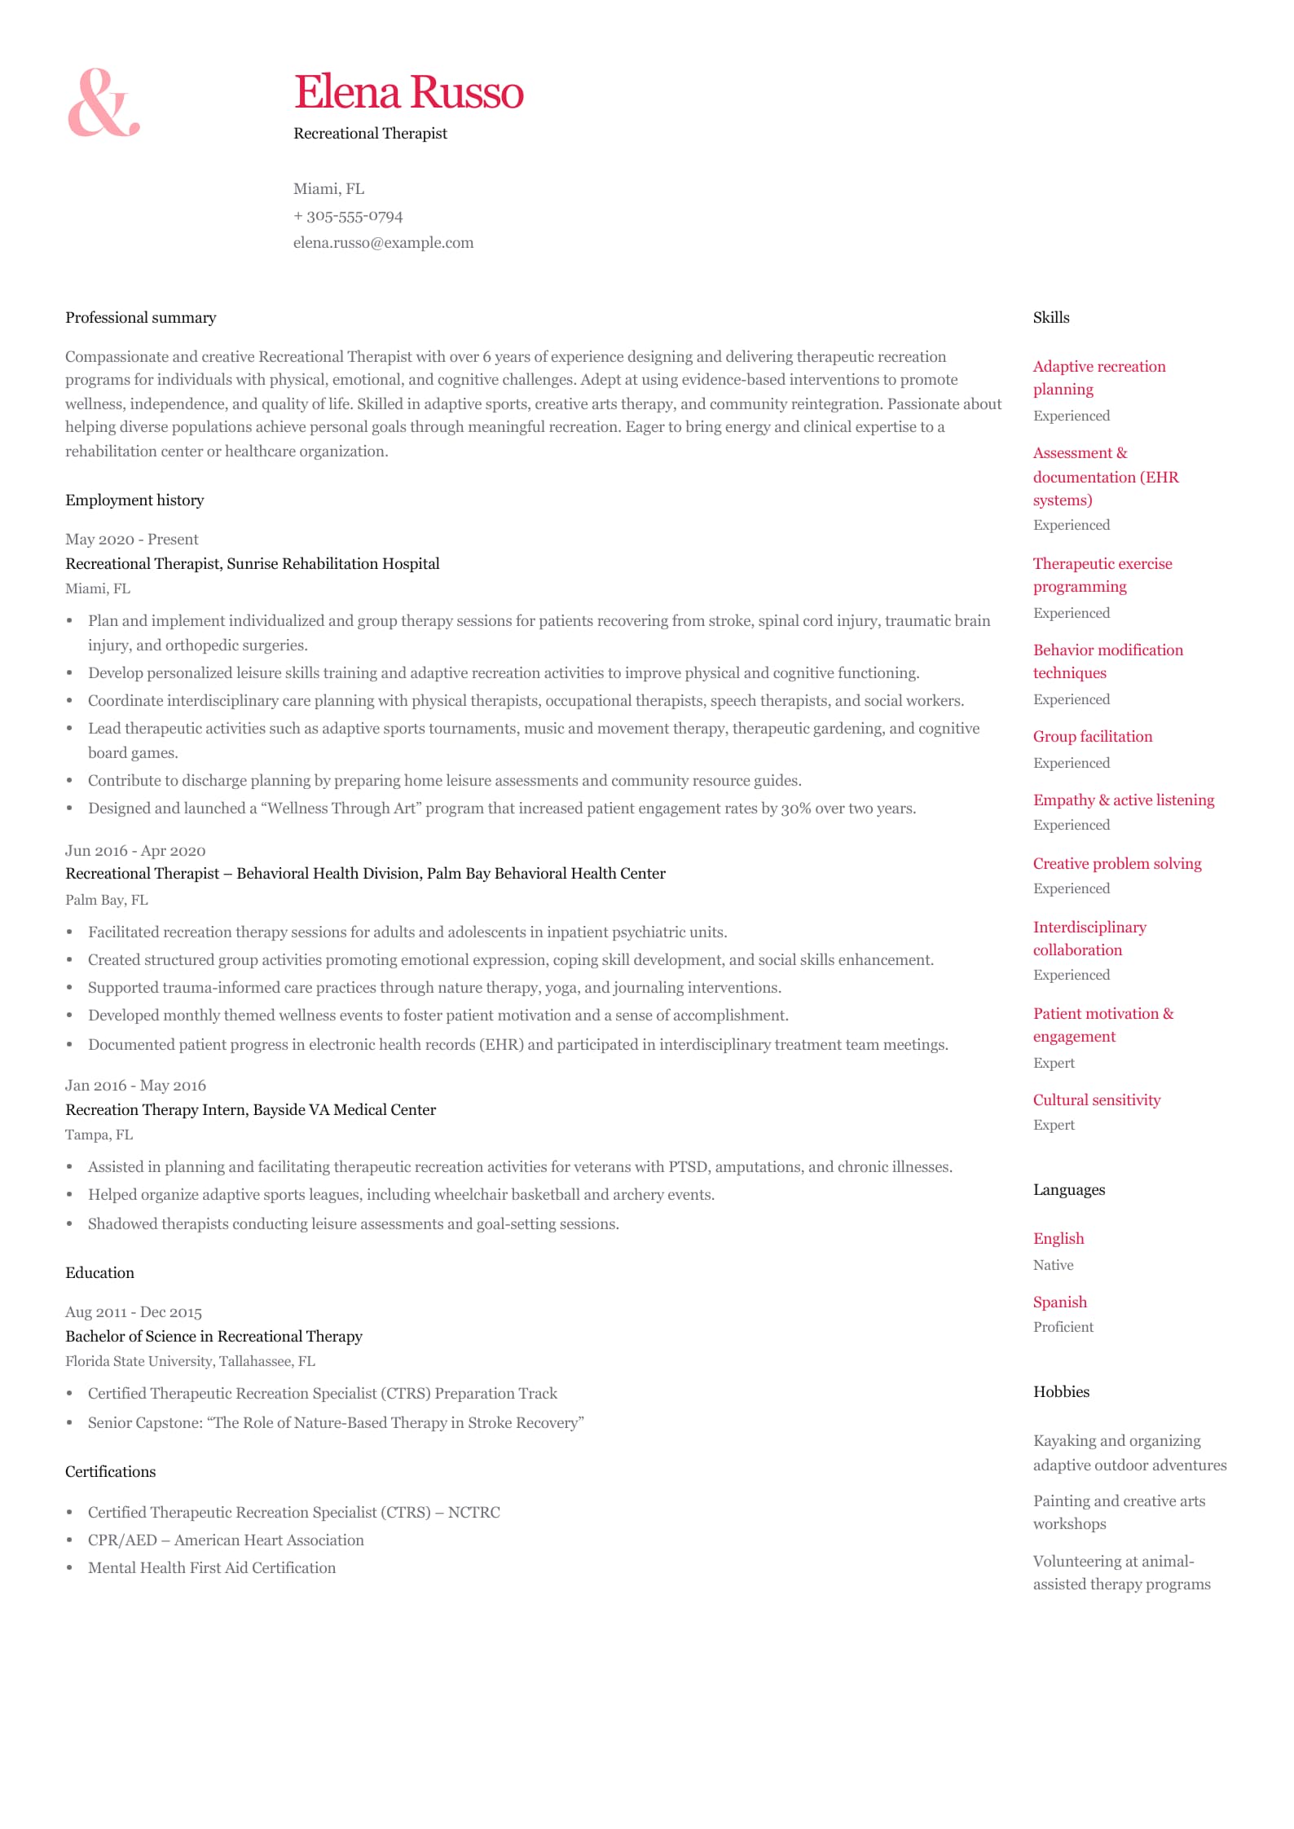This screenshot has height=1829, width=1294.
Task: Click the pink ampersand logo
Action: (x=103, y=103)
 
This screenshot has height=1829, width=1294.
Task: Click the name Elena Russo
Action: (x=408, y=92)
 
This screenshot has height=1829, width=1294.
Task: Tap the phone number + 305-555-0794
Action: (x=348, y=216)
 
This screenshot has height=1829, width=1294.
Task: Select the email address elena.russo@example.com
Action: (x=383, y=243)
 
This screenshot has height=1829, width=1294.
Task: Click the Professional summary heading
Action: (x=141, y=318)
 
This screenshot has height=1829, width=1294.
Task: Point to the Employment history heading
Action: (x=134, y=500)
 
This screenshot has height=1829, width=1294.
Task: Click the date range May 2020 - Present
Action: (x=131, y=540)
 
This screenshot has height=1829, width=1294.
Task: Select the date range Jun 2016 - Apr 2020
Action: (x=135, y=851)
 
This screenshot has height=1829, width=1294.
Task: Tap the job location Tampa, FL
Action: (x=99, y=1135)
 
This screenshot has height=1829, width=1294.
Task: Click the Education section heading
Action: (x=99, y=1273)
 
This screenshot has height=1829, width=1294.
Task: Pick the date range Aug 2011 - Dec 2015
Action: (x=134, y=1312)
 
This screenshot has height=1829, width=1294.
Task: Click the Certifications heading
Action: (x=110, y=1472)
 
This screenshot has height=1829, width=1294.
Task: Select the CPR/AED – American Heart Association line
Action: (x=226, y=1540)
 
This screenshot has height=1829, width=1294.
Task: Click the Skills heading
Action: (x=1051, y=318)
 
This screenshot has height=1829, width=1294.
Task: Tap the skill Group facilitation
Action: (x=1093, y=737)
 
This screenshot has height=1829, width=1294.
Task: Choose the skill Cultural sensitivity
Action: (x=1097, y=1100)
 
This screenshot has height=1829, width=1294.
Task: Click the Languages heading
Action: (x=1069, y=1190)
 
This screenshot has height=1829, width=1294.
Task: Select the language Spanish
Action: (x=1060, y=1302)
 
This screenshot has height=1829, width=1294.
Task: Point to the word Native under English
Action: (x=1054, y=1265)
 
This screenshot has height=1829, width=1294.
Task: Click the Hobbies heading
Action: (x=1061, y=1392)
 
